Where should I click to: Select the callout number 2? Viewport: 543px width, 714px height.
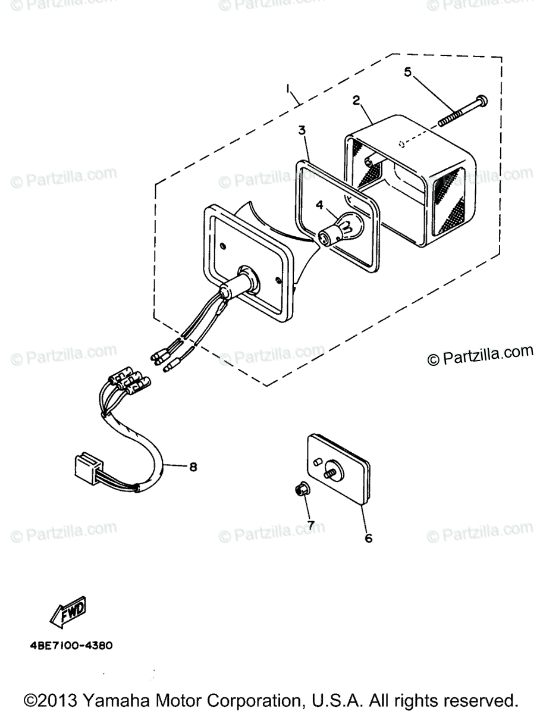356,100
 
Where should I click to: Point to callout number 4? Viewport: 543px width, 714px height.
319,205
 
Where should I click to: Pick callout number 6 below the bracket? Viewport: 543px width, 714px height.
368,538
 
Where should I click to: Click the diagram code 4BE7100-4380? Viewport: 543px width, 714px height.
70,645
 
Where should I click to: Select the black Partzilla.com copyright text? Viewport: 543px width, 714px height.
481,355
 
